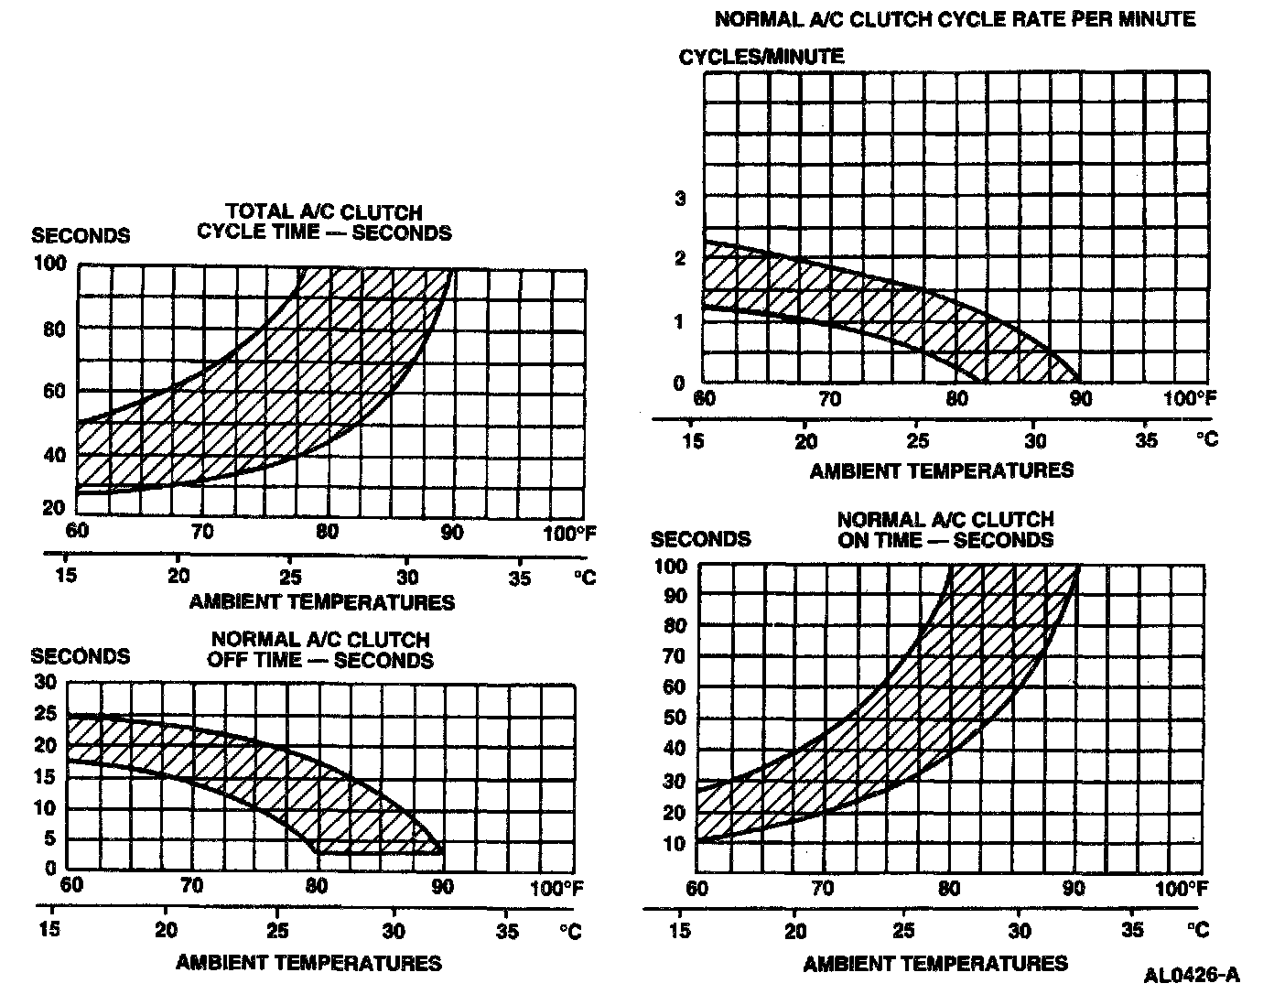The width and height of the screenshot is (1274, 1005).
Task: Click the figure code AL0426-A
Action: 1191,975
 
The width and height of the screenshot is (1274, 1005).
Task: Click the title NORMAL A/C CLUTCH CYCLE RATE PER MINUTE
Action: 955,18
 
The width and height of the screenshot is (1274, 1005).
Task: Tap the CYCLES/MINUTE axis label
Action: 761,56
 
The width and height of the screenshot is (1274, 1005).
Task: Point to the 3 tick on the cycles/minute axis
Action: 680,198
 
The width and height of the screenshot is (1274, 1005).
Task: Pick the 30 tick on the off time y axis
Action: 45,682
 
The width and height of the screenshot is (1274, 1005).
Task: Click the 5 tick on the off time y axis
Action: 50,838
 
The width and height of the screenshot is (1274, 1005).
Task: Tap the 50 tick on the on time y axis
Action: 675,718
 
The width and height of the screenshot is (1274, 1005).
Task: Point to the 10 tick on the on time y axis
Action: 675,843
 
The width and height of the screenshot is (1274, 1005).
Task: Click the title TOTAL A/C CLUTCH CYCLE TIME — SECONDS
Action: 324,222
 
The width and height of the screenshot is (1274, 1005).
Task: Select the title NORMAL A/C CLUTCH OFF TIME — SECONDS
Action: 320,649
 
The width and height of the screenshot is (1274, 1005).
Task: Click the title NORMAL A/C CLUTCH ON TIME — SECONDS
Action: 945,530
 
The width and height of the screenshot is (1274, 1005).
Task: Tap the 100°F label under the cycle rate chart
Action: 1191,399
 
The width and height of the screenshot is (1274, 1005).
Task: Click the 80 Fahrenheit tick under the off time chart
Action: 317,886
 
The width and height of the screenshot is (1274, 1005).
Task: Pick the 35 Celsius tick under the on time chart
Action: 1132,930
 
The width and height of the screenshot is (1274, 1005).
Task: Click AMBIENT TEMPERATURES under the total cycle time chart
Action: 321,602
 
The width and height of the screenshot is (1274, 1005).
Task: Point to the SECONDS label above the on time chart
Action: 700,538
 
